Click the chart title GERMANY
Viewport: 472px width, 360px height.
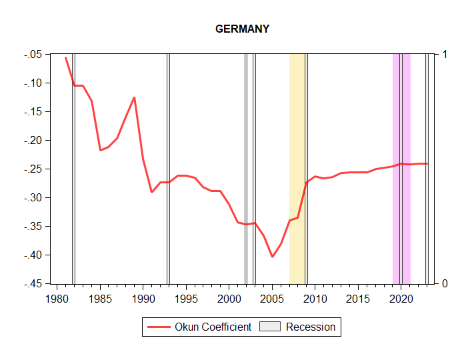pos(242,29)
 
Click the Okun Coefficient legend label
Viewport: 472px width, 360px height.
pos(213,327)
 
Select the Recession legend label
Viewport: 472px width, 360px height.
pos(310,327)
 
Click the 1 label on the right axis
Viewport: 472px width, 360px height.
pos(445,54)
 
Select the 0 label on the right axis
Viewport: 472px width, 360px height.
pos(445,284)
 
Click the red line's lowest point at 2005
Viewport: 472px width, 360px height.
pos(272,257)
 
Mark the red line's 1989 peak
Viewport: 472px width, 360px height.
pos(135,97)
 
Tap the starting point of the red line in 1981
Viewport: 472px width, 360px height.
pos(65,58)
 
